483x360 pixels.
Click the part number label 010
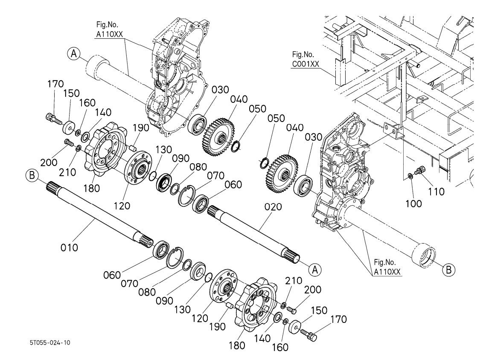pos(69,247)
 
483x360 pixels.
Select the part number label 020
pos(273,206)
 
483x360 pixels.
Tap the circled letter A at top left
pos(74,54)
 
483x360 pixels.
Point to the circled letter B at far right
pos(448,270)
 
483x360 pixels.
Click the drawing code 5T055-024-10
pos(50,343)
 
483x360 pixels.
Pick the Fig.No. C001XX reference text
pos(306,59)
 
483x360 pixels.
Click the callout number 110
pos(436,192)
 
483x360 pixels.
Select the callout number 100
pos(413,203)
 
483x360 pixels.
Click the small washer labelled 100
pos(410,176)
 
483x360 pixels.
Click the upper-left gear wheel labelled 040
pos(219,136)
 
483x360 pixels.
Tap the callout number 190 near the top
pos(141,128)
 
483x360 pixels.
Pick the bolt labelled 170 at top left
pos(53,119)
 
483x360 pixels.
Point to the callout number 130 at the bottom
pos(183,309)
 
